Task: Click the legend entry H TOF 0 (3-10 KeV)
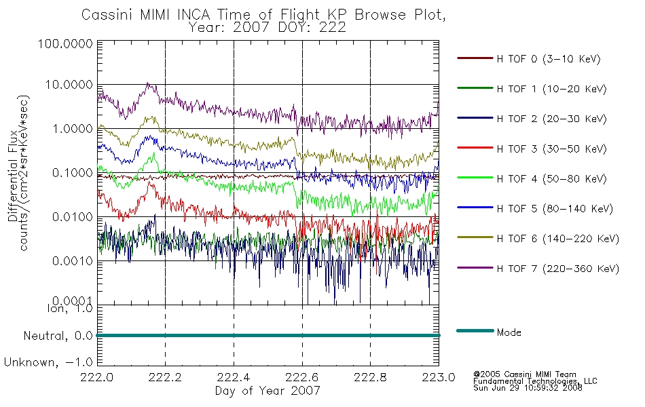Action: point(549,59)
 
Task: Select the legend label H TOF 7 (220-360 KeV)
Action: point(558,269)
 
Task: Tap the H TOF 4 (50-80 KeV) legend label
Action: point(551,179)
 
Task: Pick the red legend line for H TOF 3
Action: point(475,148)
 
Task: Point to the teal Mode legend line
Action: point(475,330)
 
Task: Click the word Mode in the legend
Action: point(509,332)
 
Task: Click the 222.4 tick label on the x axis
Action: point(234,377)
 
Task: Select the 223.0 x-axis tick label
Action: point(439,377)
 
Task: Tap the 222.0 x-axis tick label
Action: point(97,377)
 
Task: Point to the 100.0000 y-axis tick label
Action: point(65,43)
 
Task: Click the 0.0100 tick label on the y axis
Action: point(73,216)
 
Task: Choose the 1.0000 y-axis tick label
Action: point(73,129)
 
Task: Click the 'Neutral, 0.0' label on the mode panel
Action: point(58,336)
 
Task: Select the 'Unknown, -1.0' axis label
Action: point(48,362)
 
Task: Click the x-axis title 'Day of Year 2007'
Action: point(268,390)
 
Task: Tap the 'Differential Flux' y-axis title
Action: point(13,176)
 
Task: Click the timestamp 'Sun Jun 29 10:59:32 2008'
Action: point(528,388)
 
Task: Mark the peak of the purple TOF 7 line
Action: point(148,83)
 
